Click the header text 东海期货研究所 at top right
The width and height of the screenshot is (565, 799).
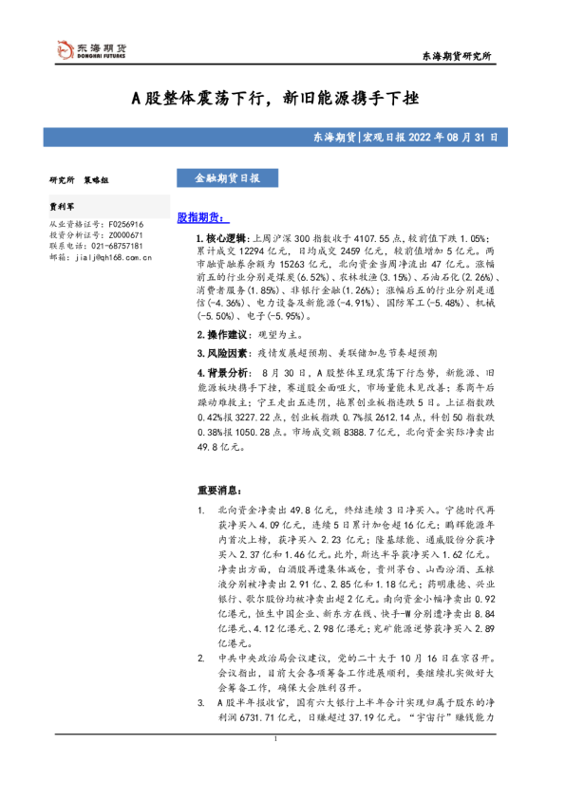tap(456, 59)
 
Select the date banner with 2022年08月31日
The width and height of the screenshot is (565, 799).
tap(403, 138)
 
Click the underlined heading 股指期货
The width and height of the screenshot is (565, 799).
tap(198, 217)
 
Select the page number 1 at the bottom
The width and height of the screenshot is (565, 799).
tap(275, 765)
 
